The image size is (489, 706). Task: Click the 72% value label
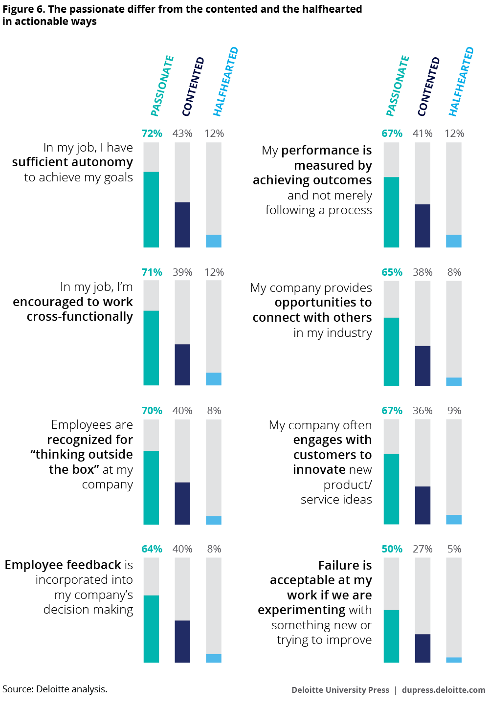coord(152,133)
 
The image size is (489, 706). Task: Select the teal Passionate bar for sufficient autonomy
coord(151,209)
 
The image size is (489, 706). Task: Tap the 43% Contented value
coord(182,133)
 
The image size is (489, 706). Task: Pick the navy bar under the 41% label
coord(422,225)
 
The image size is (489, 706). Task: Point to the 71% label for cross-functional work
coord(152,272)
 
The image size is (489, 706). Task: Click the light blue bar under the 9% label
coord(454,519)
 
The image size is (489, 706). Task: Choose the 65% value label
coord(392,272)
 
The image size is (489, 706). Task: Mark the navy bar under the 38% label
coord(422,366)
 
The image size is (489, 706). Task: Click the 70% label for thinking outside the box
coord(152,411)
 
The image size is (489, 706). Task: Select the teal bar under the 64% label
coord(151,629)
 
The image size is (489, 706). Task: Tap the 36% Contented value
coord(422,411)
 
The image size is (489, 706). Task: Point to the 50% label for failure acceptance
coord(392,549)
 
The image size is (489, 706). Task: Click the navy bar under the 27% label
coord(422,648)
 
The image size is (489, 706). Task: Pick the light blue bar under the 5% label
coord(454,660)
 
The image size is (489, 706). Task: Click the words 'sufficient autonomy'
coord(72,162)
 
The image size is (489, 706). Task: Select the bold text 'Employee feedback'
coord(63,565)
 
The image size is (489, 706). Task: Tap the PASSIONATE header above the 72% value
coord(162,87)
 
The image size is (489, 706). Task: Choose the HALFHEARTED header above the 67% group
coord(461,82)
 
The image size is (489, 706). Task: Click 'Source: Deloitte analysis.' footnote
coord(55,689)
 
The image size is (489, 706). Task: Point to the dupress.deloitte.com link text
coord(444,690)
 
